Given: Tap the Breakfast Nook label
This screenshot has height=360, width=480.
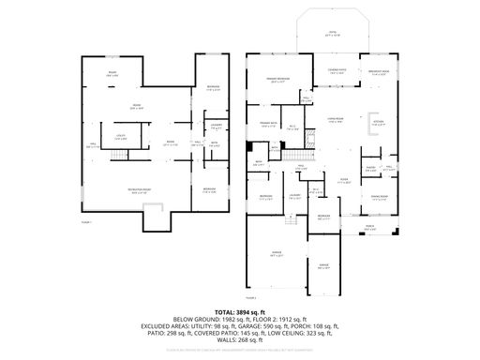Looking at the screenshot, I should point(379,70).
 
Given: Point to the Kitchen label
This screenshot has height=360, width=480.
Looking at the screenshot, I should point(379,124).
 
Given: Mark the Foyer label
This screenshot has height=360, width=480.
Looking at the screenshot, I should point(343,179).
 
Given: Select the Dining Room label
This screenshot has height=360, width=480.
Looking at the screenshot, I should point(379,197).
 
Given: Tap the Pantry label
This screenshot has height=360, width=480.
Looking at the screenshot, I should point(371,170).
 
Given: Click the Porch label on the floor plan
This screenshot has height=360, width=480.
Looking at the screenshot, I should point(368,226).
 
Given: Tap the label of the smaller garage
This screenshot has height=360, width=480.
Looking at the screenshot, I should point(323,265).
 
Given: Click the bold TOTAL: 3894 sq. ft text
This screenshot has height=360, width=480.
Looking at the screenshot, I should point(239,311).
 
